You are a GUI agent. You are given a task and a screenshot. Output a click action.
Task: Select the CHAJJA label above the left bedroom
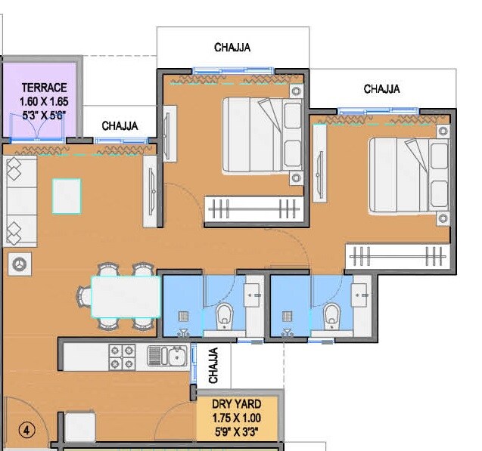click(x=232, y=48)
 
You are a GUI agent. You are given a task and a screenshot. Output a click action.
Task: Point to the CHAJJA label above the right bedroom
click(x=382, y=89)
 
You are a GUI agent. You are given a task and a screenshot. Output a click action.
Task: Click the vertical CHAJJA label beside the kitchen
click(x=213, y=365)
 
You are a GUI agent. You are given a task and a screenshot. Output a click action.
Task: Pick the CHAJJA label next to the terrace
click(x=120, y=125)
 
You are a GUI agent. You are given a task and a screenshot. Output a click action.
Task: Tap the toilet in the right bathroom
click(x=331, y=316)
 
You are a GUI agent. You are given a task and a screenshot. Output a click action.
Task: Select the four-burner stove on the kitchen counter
click(x=122, y=357)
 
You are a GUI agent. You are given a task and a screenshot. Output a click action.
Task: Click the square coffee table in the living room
click(x=67, y=195)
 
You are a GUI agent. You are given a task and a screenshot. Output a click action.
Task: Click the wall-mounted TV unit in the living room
click(x=152, y=194)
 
